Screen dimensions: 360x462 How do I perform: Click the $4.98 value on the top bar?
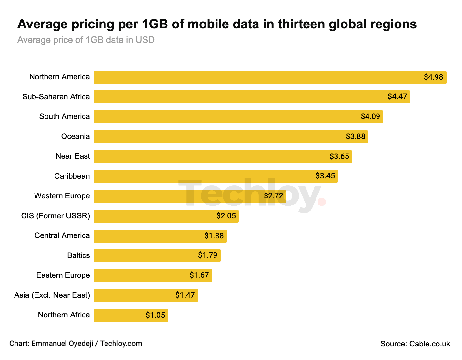pos(433,77)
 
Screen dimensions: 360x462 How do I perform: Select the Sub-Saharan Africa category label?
pos(56,97)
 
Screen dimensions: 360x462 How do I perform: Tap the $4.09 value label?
pos(370,116)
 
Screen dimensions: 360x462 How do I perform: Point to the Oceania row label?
pos(75,136)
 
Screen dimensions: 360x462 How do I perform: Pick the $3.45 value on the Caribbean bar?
pos(325,176)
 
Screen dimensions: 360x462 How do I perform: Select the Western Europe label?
pos(62,196)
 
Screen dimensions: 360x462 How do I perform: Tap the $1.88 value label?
pos(214,236)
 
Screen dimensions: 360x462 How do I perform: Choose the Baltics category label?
pos(78,255)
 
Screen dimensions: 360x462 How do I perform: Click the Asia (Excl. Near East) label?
pos(52,295)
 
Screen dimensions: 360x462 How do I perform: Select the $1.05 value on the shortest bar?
pos(155,315)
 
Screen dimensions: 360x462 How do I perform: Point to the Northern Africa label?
pos(64,315)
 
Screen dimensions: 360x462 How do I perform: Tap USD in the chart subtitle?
pos(145,40)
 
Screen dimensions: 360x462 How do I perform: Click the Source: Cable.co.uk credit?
pos(415,344)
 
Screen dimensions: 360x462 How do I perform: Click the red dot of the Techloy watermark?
pos(322,202)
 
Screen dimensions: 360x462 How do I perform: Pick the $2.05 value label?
pos(226,216)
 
